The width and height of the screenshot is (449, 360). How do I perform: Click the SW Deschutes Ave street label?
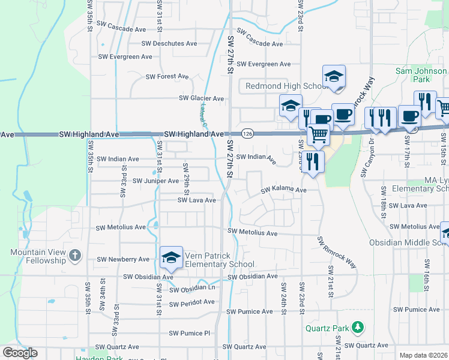click(169, 43)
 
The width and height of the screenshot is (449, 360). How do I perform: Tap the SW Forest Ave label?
click(167, 77)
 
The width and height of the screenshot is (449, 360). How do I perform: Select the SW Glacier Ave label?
click(202, 98)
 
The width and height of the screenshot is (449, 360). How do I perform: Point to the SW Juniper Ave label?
click(155, 181)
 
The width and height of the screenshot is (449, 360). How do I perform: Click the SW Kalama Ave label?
click(283, 190)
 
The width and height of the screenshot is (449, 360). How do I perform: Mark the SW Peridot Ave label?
click(192, 304)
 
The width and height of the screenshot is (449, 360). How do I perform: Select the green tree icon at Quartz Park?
click(358, 327)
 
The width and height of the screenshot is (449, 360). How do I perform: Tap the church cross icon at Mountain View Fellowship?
click(74, 256)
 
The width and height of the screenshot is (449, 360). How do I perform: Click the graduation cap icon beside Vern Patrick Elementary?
click(171, 257)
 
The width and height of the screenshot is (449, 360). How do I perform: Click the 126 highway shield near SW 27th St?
click(247, 133)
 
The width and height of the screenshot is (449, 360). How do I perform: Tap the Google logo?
click(19, 353)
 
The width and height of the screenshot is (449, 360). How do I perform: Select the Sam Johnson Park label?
click(421, 75)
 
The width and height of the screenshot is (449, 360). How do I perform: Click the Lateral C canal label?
click(203, 117)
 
